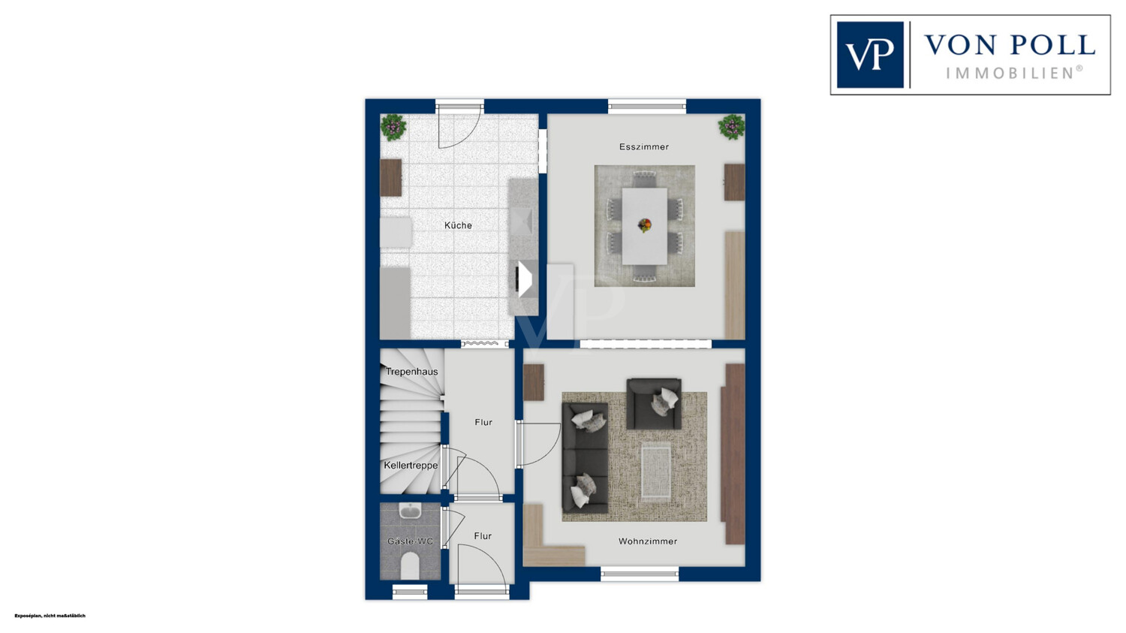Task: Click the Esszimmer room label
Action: [x=644, y=147]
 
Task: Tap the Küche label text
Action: [x=458, y=225]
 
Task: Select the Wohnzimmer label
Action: [x=647, y=541]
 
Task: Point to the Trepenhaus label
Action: [x=411, y=372]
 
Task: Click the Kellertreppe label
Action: [x=411, y=466]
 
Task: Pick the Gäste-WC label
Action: [x=410, y=541]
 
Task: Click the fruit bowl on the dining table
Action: [x=644, y=225]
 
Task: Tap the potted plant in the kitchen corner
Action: [x=393, y=127]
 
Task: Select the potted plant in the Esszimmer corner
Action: [x=731, y=127]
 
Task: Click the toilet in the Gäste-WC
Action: [x=410, y=565]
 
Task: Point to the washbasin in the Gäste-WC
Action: [x=411, y=511]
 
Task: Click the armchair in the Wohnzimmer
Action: [x=654, y=403]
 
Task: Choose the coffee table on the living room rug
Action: [x=656, y=472]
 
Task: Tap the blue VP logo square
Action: [x=870, y=55]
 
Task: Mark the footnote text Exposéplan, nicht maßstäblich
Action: [x=50, y=616]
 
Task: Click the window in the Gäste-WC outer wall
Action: [x=410, y=592]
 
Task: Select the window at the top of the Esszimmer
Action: [x=647, y=107]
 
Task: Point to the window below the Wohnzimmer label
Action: [x=640, y=574]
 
